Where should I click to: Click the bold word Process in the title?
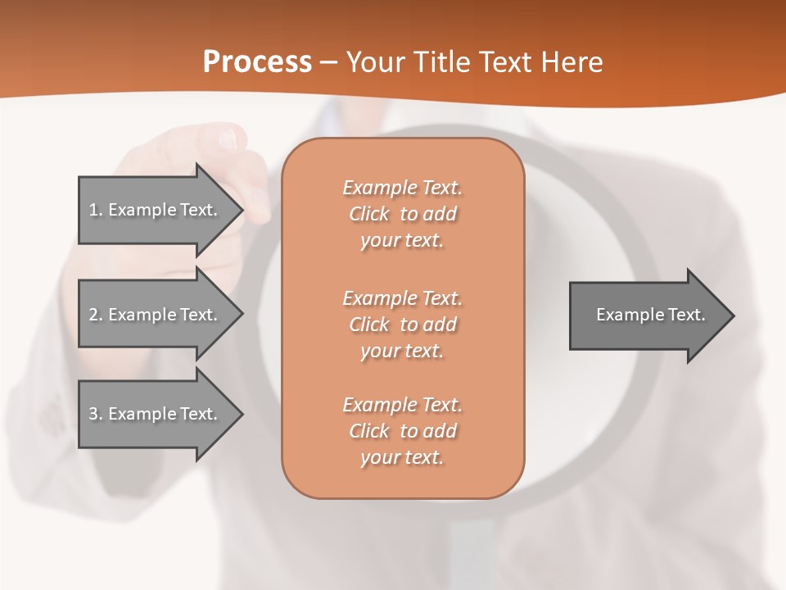coord(257,62)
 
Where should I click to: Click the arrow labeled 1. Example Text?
coord(156,210)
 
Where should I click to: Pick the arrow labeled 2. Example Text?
coord(156,315)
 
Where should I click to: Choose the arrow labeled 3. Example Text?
coord(156,414)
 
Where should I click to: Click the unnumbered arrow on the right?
coord(647,315)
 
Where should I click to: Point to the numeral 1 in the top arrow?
coord(94,210)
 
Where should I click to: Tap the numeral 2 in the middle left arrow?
coord(94,315)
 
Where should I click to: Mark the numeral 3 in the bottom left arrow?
coord(94,414)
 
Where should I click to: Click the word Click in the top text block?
coord(369,214)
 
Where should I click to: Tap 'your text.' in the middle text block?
coord(402,351)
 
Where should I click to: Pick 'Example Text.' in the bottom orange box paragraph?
coord(402,405)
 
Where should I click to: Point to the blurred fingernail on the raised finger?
coord(228,140)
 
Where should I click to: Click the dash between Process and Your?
coord(328,62)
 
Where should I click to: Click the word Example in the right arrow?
coord(626,315)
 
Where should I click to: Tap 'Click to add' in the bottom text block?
coord(402,431)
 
